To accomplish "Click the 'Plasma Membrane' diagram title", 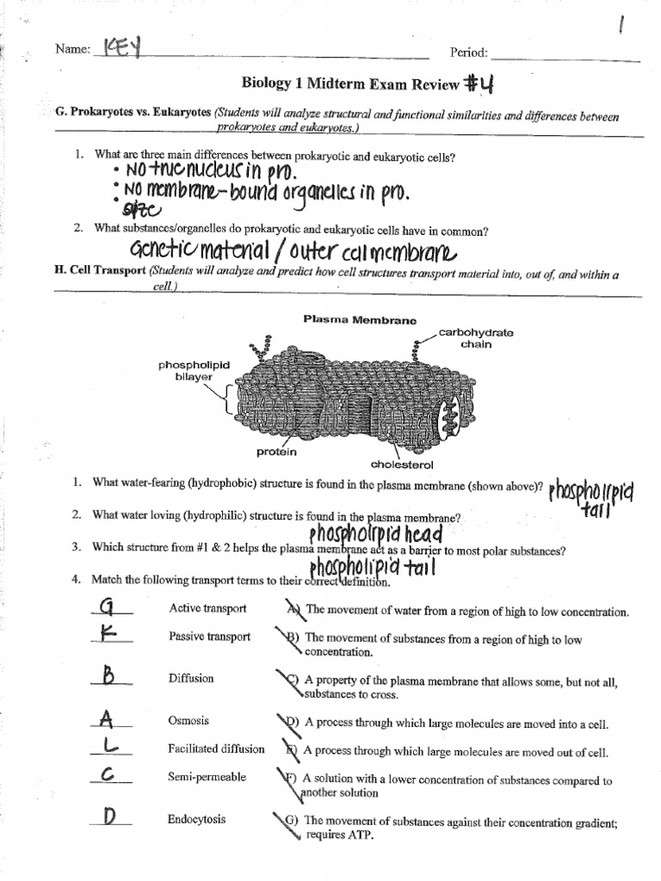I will click(359, 319).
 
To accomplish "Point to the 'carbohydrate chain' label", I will click(464, 338).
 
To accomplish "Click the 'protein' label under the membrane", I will click(275, 452).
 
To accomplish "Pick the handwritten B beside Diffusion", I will click(109, 677).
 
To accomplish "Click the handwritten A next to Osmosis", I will click(106, 718).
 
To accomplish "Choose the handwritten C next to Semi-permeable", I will click(108, 776).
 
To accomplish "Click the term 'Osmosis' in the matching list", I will click(188, 721).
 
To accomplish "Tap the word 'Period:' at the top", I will click(469, 52).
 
